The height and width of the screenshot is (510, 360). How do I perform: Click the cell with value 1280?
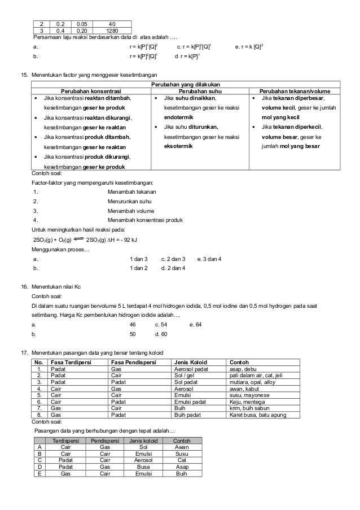point(112,30)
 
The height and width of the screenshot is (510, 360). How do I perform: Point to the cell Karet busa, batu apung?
point(256,415)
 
